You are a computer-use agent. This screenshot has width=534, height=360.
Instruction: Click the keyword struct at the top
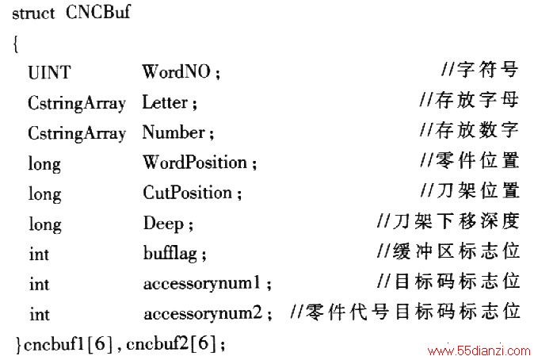point(33,13)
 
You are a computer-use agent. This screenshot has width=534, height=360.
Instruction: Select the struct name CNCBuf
point(98,12)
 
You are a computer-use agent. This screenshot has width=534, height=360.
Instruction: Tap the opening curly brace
point(16,44)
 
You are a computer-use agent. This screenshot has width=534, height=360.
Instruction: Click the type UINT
point(49,73)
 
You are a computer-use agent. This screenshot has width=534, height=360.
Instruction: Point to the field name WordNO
point(177,71)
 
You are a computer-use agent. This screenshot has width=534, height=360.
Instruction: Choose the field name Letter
point(165,102)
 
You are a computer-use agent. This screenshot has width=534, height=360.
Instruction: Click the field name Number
point(174,132)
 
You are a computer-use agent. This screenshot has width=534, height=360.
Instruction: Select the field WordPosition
point(195,162)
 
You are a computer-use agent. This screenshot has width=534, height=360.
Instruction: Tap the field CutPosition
point(188,192)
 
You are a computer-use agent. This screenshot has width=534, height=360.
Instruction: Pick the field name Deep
point(163,224)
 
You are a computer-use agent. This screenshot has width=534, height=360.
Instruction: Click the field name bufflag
point(170,253)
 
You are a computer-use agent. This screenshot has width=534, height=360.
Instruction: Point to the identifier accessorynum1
point(202,284)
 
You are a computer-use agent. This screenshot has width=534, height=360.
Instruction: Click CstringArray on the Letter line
point(77,103)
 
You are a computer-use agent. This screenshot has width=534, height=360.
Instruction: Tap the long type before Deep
point(45,224)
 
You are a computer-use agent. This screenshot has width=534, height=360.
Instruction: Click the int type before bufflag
point(39,255)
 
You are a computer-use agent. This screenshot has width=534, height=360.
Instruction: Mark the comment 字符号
point(488,70)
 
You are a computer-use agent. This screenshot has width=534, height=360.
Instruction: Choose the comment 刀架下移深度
point(456,221)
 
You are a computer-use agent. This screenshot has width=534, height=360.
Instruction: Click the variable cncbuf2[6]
point(171,343)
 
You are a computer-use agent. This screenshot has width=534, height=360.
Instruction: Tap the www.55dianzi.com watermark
point(479,350)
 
